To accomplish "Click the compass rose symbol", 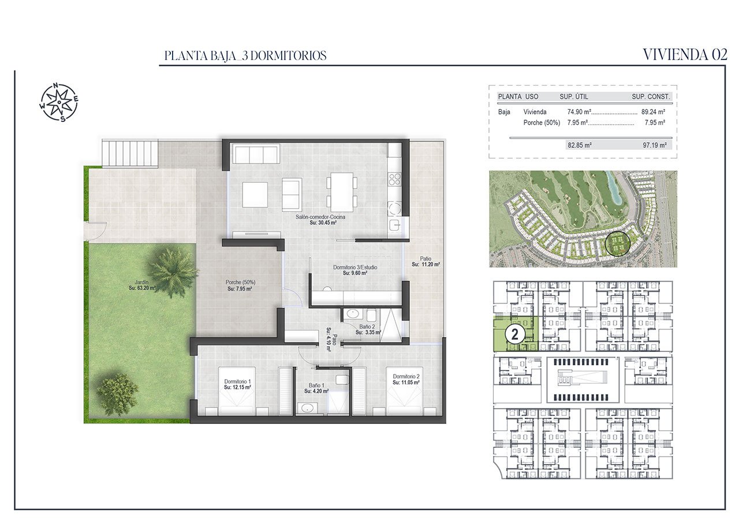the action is tap(59, 102).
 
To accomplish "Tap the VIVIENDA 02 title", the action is tap(685, 55).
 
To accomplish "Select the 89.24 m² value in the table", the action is tap(653, 112).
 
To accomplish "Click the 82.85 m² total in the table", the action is tap(579, 145).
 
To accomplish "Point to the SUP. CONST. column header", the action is tap(651, 97).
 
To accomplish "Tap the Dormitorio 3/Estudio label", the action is tap(355, 267).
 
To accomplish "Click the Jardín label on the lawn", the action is tap(141, 282).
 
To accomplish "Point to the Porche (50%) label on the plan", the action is tap(241, 282).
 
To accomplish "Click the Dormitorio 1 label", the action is tap(237, 381).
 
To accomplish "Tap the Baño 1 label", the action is tap(316, 385).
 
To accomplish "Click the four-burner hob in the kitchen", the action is tap(394, 179).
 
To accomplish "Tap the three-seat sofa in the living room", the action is tap(256, 154).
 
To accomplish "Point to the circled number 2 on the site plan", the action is tap(514, 335).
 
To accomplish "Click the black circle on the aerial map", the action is tap(618, 244).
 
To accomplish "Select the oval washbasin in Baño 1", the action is tap(307, 409).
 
